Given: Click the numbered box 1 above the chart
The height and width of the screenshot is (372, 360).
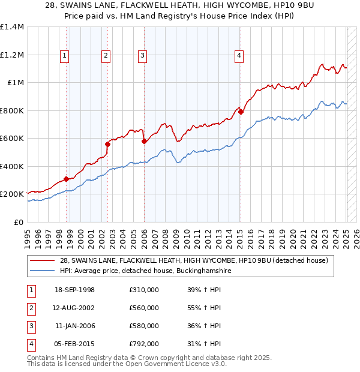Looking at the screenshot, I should (64, 56).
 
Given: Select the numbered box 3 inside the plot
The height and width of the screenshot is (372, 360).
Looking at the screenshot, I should (143, 56).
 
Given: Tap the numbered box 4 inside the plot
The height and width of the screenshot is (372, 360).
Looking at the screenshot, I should (239, 56).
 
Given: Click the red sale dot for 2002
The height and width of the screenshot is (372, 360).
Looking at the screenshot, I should (108, 144).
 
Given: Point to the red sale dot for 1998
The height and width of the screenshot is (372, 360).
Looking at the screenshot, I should (67, 179).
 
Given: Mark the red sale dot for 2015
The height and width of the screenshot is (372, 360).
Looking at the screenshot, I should (240, 112).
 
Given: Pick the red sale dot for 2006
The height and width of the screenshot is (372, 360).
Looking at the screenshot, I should (144, 142).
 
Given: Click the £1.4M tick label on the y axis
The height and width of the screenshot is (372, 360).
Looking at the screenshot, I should (12, 27).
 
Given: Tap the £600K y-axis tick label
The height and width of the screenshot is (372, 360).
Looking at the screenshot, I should (12, 139).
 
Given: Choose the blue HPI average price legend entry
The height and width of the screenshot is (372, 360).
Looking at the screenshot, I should (145, 271).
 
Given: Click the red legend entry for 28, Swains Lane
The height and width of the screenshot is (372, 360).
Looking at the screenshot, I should (193, 261).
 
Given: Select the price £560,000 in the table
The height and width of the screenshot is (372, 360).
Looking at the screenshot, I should (144, 308).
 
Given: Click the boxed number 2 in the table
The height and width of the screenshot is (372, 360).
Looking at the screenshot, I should (31, 308).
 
